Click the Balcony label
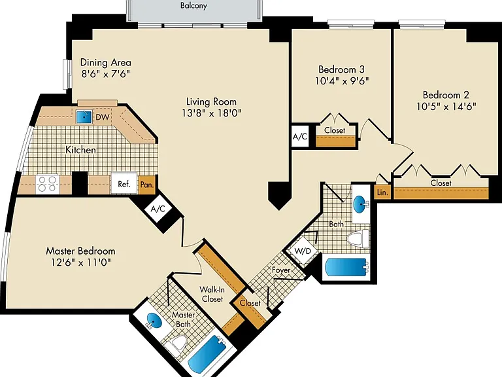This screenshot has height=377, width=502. point(193,5)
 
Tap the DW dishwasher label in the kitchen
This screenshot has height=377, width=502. point(102,117)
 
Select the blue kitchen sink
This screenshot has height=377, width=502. point(84,117)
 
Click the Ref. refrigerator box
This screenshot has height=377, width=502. point(124,184)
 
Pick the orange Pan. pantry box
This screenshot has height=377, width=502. point(147,185)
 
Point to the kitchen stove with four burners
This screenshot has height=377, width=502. point(47,185)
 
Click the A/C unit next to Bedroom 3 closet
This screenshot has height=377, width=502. point(299,137)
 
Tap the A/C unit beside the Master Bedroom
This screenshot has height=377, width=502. point(158,209)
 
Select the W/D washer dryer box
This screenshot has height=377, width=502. point(303,251)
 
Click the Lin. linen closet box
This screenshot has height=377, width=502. point(382,192)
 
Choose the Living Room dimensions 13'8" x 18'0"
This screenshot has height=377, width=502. point(212,113)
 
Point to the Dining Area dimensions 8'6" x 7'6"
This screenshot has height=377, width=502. point(106,74)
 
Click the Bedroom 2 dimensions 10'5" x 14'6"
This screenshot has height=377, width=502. point(446,106)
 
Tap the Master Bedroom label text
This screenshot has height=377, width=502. point(80,251)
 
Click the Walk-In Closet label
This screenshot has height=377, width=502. point(212,294)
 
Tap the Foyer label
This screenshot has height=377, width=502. point(281,270)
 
